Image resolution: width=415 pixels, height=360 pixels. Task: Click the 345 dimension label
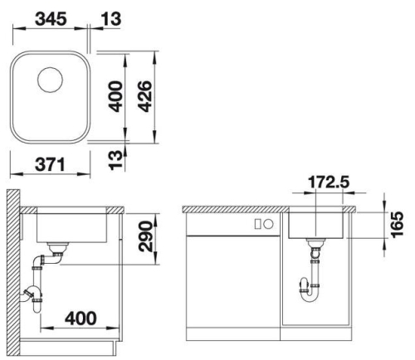51,19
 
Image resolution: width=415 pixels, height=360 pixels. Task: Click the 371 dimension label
51,164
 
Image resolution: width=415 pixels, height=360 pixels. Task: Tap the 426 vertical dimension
145,96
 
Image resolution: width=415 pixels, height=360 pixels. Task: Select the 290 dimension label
145,236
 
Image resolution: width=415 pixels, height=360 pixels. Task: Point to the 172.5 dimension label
329,182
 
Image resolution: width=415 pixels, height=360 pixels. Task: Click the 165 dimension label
397,224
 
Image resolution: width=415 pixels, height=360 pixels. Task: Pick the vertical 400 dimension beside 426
115,96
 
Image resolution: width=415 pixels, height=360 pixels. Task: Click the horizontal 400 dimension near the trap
81,319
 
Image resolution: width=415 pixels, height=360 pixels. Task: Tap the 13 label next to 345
110,19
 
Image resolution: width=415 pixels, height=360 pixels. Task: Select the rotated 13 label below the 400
115,160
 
